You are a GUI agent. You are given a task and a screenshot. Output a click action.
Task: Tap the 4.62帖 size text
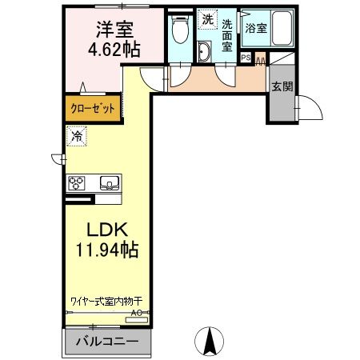(114, 50)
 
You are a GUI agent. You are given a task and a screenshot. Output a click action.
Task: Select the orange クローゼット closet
(93, 108)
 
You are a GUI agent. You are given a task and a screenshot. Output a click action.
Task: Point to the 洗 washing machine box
(207, 18)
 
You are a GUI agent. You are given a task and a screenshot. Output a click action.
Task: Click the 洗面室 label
(227, 35)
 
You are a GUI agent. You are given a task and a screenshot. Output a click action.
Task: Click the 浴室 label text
(254, 28)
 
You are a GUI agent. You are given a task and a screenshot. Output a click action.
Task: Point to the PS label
(245, 57)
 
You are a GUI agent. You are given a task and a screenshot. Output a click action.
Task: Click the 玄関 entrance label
(281, 86)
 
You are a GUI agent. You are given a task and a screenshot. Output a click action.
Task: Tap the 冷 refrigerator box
(78, 136)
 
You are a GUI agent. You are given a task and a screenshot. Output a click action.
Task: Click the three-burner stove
(79, 182)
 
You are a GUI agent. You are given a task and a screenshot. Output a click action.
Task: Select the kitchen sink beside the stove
(108, 182)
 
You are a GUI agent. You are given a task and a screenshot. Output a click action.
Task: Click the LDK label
(102, 228)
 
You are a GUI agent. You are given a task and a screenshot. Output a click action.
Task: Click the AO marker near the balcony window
(136, 313)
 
